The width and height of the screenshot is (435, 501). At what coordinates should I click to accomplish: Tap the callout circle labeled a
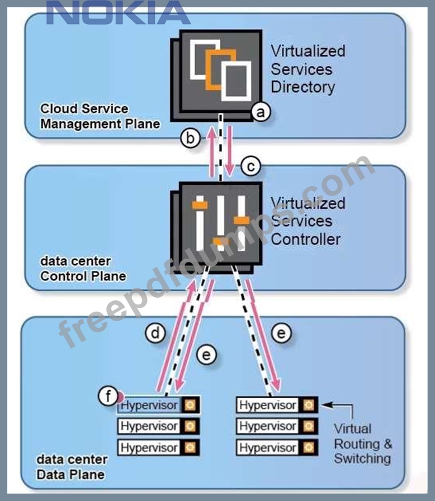tap(259, 112)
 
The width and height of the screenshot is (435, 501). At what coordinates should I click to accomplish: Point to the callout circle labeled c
tap(251, 166)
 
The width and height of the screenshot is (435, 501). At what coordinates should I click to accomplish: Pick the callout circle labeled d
tap(156, 333)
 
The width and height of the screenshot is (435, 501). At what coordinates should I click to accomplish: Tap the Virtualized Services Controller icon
tap(220, 223)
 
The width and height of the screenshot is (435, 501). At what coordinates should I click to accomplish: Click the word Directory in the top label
tap(302, 87)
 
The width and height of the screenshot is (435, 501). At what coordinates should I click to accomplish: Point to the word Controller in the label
tap(305, 239)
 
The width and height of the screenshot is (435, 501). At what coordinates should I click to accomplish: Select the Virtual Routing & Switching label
tap(362, 443)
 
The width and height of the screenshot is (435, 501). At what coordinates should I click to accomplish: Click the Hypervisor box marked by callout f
tap(150, 405)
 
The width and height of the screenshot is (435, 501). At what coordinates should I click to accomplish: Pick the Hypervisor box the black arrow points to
tap(267, 405)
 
